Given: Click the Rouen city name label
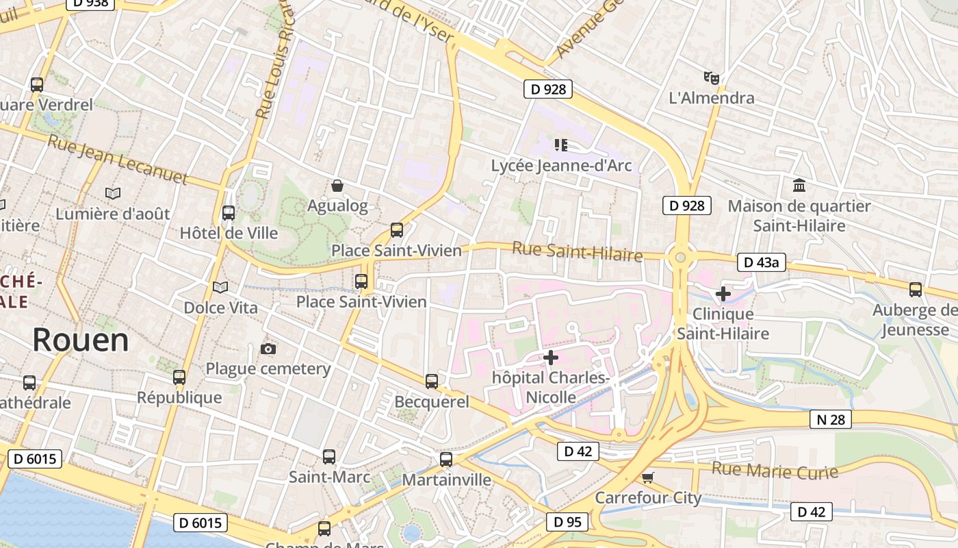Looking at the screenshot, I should tap(80, 340).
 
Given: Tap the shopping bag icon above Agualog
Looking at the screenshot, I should tap(337, 186).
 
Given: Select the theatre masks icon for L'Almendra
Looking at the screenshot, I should tap(712, 78).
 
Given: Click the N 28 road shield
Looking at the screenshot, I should tap(831, 419).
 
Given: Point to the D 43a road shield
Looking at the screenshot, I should tap(762, 262).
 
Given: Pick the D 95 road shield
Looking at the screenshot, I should tap(567, 522).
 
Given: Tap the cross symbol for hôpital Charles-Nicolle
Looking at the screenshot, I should tap(550, 357).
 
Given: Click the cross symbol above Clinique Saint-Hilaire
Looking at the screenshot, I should tap(723, 295).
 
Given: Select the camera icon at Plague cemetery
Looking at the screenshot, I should tap(268, 349).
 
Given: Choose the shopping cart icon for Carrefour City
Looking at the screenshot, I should tap(647, 477).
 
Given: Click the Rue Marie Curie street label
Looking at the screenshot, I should tap(775, 471).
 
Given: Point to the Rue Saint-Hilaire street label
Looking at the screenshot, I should tap(577, 252).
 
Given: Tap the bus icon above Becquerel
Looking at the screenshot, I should tap(432, 382).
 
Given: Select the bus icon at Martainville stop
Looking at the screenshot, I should tap(446, 460).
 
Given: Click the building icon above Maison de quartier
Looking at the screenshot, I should tap(799, 186).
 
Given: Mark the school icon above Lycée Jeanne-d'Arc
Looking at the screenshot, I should tap(561, 145).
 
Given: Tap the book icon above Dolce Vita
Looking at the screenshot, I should tap(220, 288).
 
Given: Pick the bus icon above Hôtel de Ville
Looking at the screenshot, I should tap(229, 213).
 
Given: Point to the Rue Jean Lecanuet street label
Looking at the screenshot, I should tap(117, 160).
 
